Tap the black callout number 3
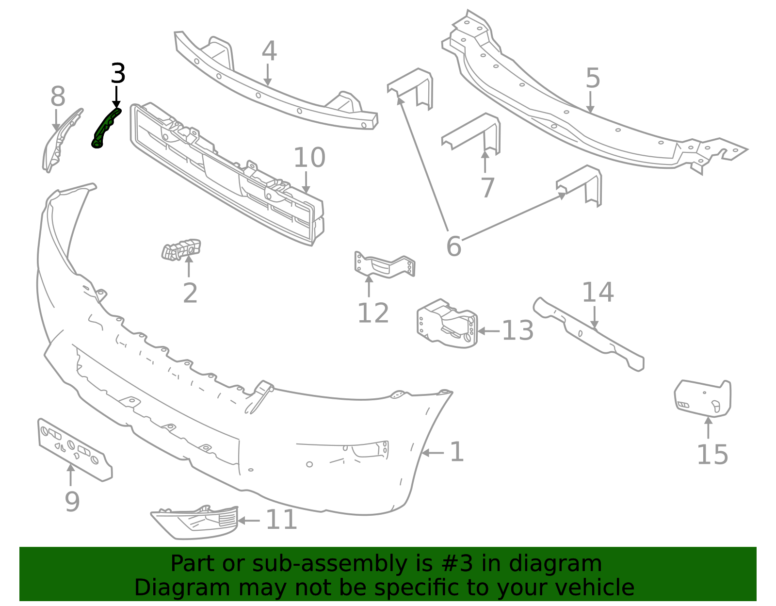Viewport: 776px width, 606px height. pyautogui.click(x=118, y=74)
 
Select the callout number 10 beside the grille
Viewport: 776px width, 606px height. pyautogui.click(x=309, y=158)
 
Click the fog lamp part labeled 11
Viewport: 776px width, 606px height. pyautogui.click(x=196, y=523)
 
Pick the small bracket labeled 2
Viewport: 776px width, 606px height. pyautogui.click(x=181, y=250)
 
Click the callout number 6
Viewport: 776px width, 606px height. pyautogui.click(x=453, y=246)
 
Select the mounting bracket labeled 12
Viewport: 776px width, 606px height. pyautogui.click(x=385, y=266)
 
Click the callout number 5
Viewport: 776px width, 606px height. pyautogui.click(x=593, y=78)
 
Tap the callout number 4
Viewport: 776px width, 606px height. pyautogui.click(x=269, y=51)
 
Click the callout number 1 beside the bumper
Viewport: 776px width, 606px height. pyautogui.click(x=456, y=452)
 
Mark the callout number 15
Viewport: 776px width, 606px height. pyautogui.click(x=712, y=455)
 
